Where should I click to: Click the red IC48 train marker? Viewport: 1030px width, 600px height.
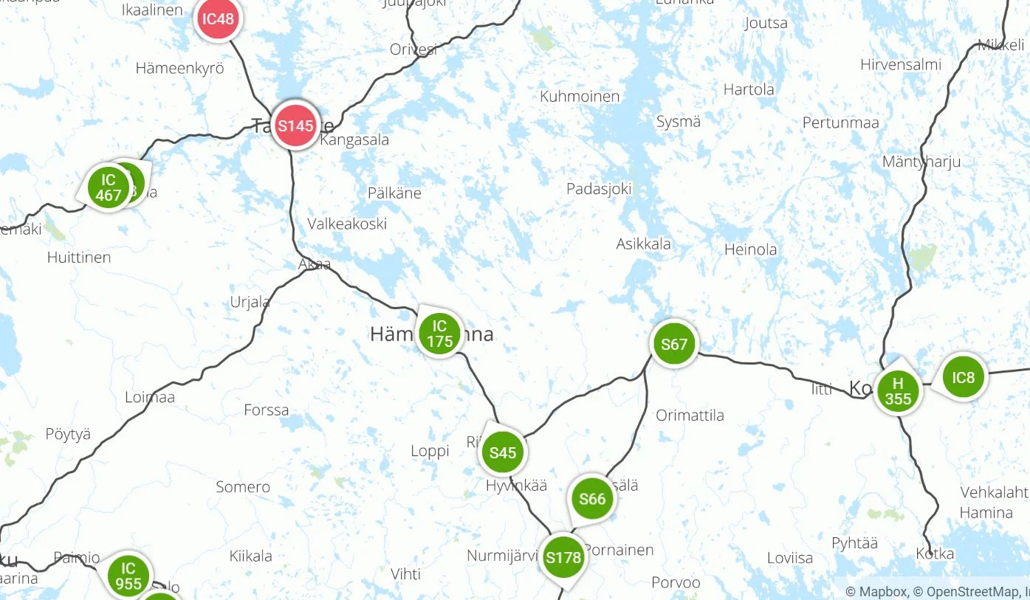click(219, 19)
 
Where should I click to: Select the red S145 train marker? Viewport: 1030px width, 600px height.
click(295, 125)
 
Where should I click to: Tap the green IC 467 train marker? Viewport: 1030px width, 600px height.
click(109, 187)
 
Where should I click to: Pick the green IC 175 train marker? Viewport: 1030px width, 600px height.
click(439, 334)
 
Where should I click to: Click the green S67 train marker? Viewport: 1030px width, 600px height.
click(674, 344)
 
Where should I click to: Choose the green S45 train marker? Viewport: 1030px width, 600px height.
click(503, 452)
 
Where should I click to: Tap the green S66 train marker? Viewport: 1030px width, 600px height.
click(592, 499)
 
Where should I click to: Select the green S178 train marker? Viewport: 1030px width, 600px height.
click(563, 558)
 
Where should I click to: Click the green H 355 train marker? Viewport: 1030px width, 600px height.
click(898, 391)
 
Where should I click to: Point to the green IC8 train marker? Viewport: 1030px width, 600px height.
click(964, 378)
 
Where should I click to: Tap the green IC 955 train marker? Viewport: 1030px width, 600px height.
click(128, 576)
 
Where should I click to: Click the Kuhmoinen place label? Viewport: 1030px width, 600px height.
click(580, 97)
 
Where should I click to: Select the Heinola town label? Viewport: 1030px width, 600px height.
click(750, 249)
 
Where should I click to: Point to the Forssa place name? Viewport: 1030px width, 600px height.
click(267, 410)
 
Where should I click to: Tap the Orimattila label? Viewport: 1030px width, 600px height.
click(690, 415)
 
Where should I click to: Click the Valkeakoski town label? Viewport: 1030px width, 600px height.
click(347, 224)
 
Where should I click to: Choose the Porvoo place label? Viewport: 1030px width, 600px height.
click(676, 582)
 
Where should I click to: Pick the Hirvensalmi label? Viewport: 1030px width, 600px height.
click(901, 65)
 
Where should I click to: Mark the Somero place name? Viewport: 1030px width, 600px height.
click(243, 487)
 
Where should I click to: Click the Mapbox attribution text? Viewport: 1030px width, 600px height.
click(878, 591)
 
